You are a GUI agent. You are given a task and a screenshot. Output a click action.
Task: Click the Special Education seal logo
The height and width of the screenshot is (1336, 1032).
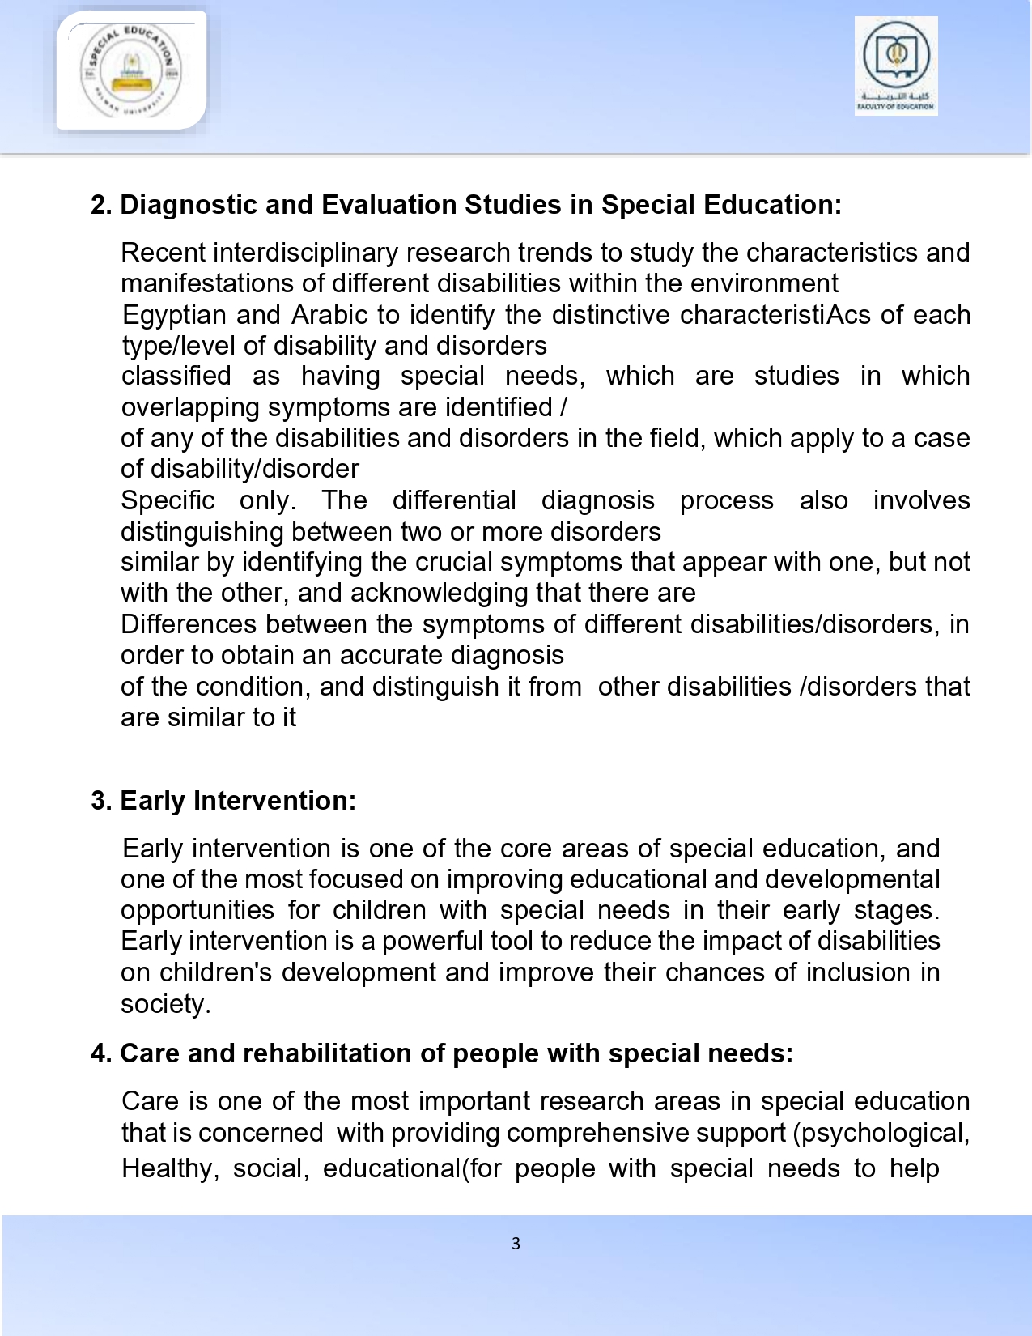click(131, 70)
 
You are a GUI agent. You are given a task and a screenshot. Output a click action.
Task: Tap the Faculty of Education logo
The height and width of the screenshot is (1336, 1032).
click(896, 66)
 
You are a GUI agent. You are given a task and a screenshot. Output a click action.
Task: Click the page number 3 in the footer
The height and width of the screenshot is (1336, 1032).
click(516, 1244)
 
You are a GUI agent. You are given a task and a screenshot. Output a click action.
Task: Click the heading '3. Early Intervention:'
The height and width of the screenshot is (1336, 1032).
click(223, 801)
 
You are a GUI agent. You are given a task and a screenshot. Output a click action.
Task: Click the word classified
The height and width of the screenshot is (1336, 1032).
click(176, 376)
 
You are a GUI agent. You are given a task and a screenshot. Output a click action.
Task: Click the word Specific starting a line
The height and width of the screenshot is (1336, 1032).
click(168, 500)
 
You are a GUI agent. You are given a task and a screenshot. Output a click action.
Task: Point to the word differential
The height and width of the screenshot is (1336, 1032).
click(453, 500)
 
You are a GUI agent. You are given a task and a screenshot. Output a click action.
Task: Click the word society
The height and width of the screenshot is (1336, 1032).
click(165, 1004)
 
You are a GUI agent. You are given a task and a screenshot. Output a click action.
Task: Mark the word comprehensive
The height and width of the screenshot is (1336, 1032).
click(540, 1132)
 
